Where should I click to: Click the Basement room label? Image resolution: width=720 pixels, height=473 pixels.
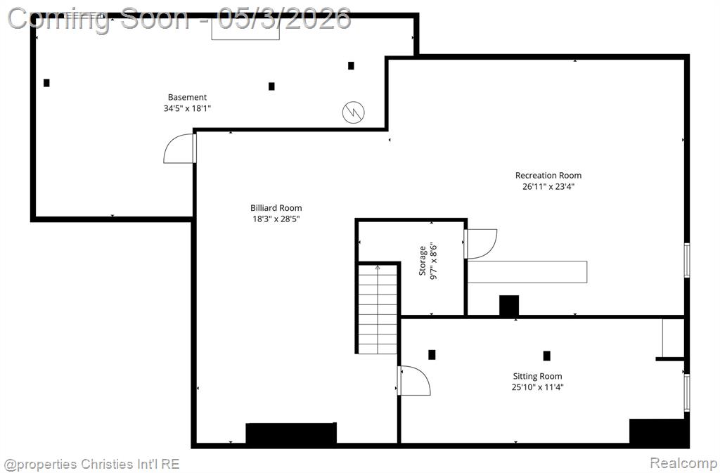click(x=187, y=97)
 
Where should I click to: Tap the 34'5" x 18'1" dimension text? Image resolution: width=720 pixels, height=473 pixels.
click(x=187, y=108)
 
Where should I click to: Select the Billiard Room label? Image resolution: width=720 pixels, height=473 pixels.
click(x=276, y=208)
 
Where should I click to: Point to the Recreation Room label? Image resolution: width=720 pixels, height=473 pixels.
click(x=548, y=175)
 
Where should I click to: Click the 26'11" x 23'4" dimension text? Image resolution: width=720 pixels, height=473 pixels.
click(x=548, y=186)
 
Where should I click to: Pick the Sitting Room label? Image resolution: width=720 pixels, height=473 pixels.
click(x=537, y=376)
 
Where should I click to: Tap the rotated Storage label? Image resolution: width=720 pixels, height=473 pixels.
click(x=423, y=261)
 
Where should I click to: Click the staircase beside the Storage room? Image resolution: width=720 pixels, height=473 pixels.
click(x=378, y=309)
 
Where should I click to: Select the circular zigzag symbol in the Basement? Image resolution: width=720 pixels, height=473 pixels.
click(x=354, y=112)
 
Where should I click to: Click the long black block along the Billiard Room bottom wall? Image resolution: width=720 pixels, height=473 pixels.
click(x=291, y=433)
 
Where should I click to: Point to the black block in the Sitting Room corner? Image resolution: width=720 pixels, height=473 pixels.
click(x=659, y=432)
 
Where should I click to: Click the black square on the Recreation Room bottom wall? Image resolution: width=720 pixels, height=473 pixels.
click(x=509, y=306)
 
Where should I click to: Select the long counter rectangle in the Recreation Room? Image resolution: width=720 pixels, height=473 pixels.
click(x=527, y=272)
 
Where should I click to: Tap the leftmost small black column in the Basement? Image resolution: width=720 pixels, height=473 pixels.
click(x=46, y=83)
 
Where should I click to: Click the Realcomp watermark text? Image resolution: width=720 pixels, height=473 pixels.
click(x=683, y=463)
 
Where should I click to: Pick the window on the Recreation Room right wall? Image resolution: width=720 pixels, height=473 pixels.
click(x=687, y=260)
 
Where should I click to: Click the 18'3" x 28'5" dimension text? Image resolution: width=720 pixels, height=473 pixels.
click(x=276, y=219)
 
